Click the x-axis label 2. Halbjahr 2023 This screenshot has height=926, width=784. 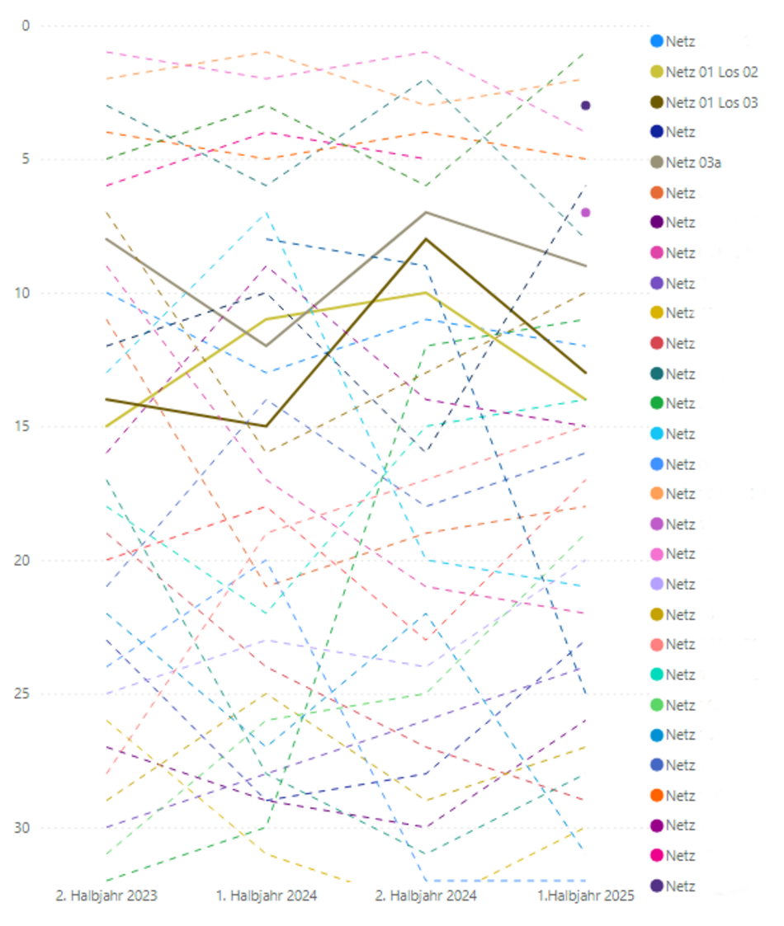tap(106, 895)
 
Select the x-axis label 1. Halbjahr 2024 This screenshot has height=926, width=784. tap(266, 895)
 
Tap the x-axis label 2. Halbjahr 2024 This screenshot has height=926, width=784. tap(426, 895)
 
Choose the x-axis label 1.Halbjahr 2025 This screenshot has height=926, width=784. tap(585, 895)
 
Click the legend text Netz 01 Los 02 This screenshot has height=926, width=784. tap(711, 72)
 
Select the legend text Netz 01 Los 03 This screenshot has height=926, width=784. tap(711, 102)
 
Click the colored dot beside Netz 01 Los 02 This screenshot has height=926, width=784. tap(657, 72)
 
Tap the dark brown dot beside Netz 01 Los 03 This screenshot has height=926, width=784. tap(657, 102)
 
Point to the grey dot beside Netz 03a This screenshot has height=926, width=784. tap(657, 162)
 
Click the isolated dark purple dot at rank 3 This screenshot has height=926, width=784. tap(585, 106)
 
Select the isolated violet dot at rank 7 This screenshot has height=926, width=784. tap(585, 213)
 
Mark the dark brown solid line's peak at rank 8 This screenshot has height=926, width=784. tap(426, 239)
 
